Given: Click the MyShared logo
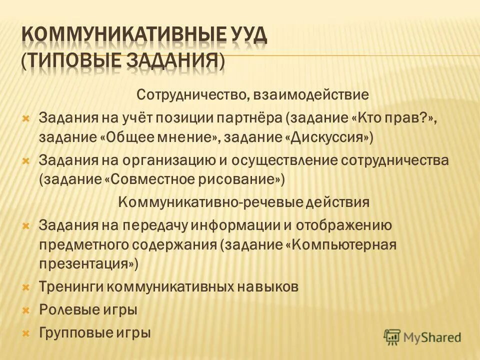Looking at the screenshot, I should pos(422,337).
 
